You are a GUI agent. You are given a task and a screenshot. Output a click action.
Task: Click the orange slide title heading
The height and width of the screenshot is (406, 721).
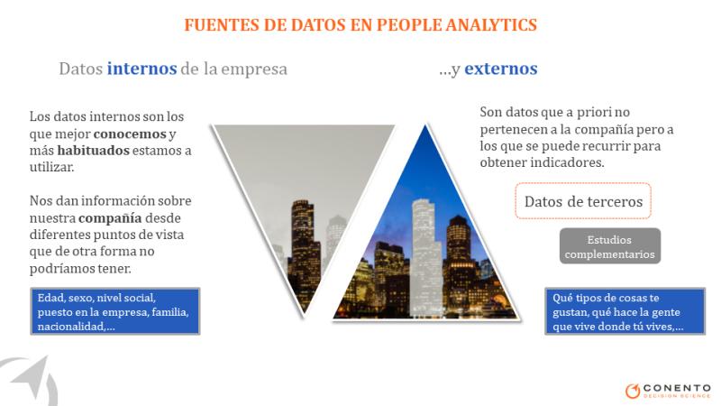click(x=360, y=24)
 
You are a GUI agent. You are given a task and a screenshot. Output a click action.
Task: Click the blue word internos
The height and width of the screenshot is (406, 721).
click(x=141, y=69)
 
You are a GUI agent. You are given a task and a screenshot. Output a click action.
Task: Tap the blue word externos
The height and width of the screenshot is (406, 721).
click(x=501, y=69)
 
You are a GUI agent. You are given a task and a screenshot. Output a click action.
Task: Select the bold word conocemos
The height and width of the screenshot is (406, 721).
click(x=130, y=134)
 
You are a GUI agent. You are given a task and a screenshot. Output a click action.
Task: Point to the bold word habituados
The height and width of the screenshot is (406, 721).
click(x=94, y=151)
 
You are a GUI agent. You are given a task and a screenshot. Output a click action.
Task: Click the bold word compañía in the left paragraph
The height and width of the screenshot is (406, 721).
click(x=110, y=217)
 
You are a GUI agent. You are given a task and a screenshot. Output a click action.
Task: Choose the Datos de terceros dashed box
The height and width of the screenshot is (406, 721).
click(x=583, y=200)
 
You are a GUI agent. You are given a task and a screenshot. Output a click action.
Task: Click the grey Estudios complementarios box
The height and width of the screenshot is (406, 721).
click(x=610, y=246)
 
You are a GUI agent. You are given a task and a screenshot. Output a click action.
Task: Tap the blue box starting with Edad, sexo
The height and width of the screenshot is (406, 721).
click(x=115, y=311)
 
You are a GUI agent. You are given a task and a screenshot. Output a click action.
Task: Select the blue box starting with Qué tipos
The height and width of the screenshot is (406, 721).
click(x=625, y=311)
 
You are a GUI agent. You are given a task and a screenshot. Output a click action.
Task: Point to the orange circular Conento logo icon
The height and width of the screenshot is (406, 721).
click(x=633, y=391)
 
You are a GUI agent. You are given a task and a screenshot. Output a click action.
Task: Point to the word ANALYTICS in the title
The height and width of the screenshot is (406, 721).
click(x=491, y=24)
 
